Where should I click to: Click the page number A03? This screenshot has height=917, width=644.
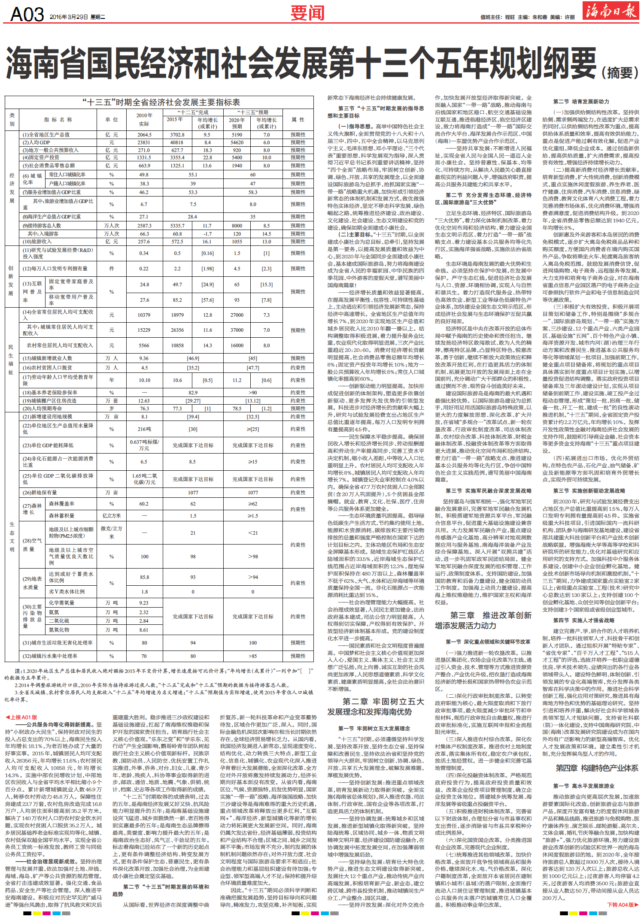click(x=27, y=15)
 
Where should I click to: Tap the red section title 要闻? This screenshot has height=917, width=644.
click(x=307, y=13)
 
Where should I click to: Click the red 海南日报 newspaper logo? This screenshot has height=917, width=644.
click(x=611, y=11)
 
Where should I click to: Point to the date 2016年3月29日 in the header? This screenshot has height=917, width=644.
click(x=69, y=17)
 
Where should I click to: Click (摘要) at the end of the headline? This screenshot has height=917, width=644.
click(x=620, y=73)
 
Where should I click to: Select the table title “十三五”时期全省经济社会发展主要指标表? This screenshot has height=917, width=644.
click(x=161, y=102)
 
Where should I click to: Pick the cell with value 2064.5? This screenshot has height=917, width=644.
click(x=144, y=135)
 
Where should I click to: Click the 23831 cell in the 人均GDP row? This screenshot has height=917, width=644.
click(x=144, y=142)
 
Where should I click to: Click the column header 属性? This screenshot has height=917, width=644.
click(x=298, y=120)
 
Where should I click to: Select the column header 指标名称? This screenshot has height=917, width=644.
click(x=58, y=120)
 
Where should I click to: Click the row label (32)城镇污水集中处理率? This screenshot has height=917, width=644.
click(x=50, y=656)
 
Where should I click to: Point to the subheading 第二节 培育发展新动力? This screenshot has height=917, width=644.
click(x=581, y=102)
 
